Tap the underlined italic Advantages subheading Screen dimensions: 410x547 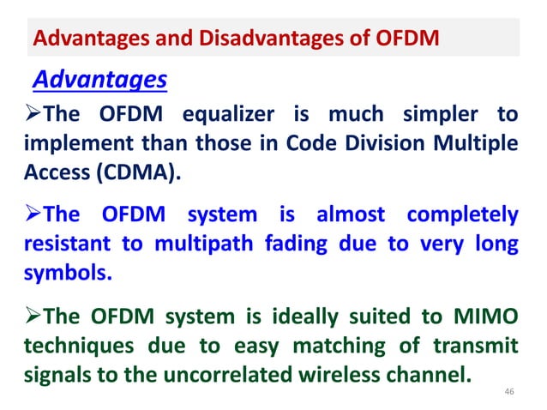click(x=99, y=81)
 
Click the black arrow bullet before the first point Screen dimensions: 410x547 click(x=29, y=115)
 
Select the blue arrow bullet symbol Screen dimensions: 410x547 click(x=29, y=213)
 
